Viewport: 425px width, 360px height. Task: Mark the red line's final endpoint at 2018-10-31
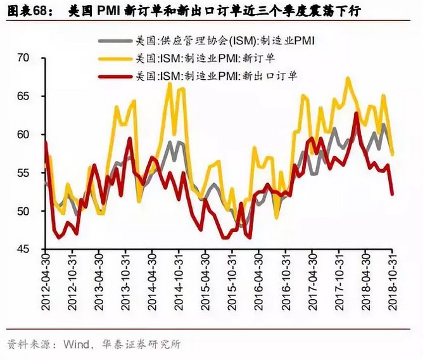(x=392, y=195)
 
